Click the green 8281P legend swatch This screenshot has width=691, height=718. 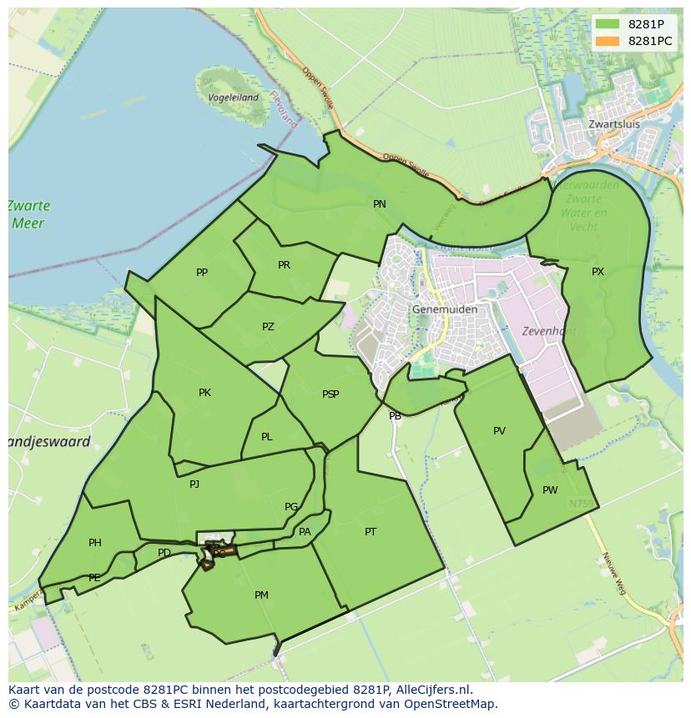coord(608,24)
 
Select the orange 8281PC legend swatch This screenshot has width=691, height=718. coord(608,40)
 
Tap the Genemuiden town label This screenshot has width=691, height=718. coord(445,309)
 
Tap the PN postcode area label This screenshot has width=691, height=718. coord(380,204)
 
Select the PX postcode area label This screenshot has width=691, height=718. coord(598,272)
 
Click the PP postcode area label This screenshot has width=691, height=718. coord(202,273)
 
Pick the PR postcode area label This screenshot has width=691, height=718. coord(284,265)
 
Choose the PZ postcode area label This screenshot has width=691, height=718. coord(268,327)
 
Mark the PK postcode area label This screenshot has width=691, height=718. coord(204,393)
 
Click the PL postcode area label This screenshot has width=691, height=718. coord(266,437)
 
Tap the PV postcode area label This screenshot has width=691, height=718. coord(499,431)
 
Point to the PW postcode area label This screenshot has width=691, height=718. coord(549,490)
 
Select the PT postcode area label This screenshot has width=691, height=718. coord(371,532)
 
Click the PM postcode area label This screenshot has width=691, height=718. coord(261,595)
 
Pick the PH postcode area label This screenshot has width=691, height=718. coord(95,543)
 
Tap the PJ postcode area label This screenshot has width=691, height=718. coord(194,484)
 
